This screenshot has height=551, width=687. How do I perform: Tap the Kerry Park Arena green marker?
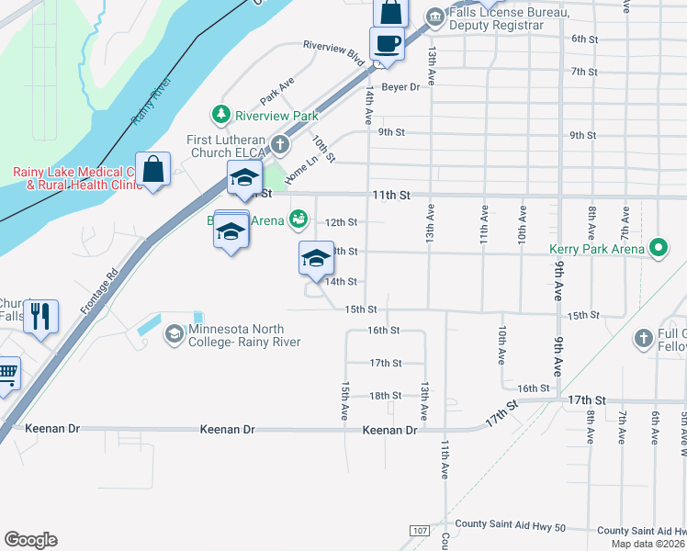click(x=658, y=248)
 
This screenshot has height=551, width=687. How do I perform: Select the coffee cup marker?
click(x=388, y=43)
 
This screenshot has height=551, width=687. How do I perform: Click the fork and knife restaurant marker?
click(x=41, y=317)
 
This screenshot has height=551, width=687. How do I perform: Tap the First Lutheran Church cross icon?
click(x=278, y=145)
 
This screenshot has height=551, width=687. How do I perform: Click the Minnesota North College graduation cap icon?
click(x=174, y=335)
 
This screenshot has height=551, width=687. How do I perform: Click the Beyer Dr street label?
click(x=400, y=87)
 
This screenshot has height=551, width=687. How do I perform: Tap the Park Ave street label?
click(x=276, y=92)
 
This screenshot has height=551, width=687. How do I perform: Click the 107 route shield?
click(x=420, y=531)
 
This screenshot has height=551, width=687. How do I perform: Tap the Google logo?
click(x=30, y=540)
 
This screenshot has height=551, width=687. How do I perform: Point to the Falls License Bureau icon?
click(x=436, y=16)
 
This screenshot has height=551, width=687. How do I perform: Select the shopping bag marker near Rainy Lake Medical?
click(x=153, y=169)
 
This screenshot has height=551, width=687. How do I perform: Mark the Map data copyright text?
click(x=648, y=544)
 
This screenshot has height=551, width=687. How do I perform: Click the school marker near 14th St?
click(x=316, y=259)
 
